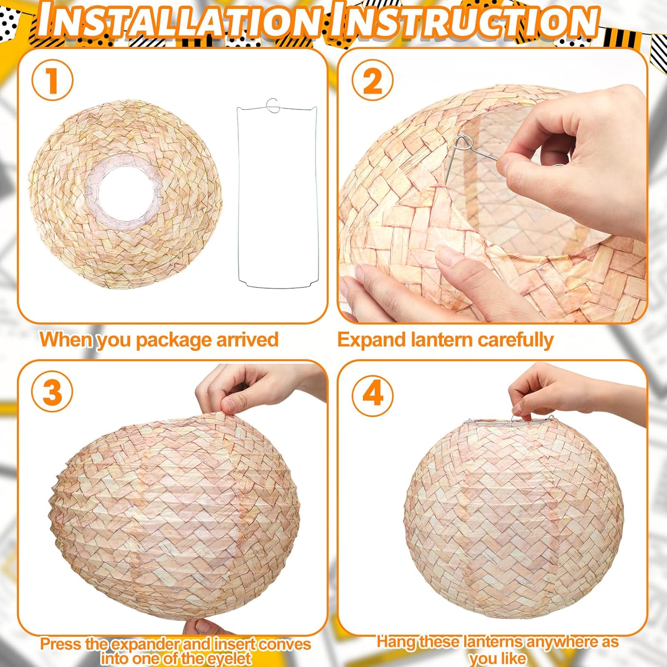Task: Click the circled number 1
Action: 52,80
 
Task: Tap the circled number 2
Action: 373,80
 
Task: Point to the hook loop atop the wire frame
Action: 272,105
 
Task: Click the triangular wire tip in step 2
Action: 463,143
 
